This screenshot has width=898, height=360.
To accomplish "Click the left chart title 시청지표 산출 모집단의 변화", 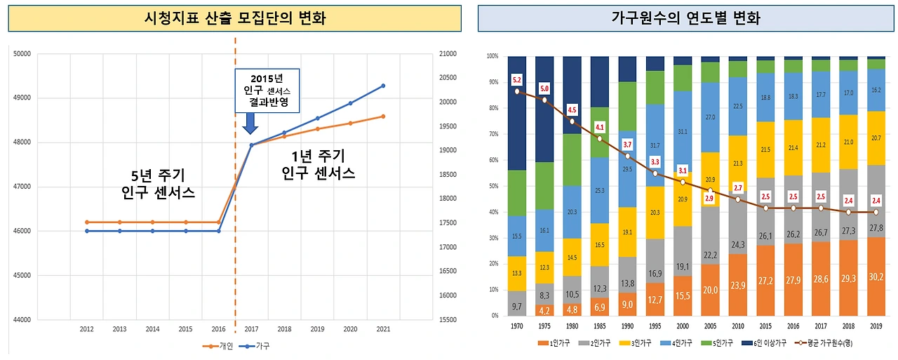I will click(x=234, y=18).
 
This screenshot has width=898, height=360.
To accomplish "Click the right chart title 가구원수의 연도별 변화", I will click(x=686, y=18).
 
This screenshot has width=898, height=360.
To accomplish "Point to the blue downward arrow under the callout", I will click(x=250, y=124).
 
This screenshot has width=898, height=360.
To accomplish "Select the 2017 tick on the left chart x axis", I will click(x=251, y=328).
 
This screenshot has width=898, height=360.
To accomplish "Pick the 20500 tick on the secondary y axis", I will click(x=447, y=78).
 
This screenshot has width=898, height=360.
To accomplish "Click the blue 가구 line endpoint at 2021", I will click(x=383, y=86).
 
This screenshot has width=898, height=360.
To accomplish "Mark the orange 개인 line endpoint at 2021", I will click(x=383, y=116).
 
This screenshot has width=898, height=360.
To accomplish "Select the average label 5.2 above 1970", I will click(x=517, y=79).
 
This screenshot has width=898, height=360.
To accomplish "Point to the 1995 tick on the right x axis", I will click(x=655, y=326).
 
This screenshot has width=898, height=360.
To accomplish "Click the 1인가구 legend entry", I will click(x=558, y=343).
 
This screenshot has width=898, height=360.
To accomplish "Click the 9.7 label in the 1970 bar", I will click(x=517, y=306).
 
